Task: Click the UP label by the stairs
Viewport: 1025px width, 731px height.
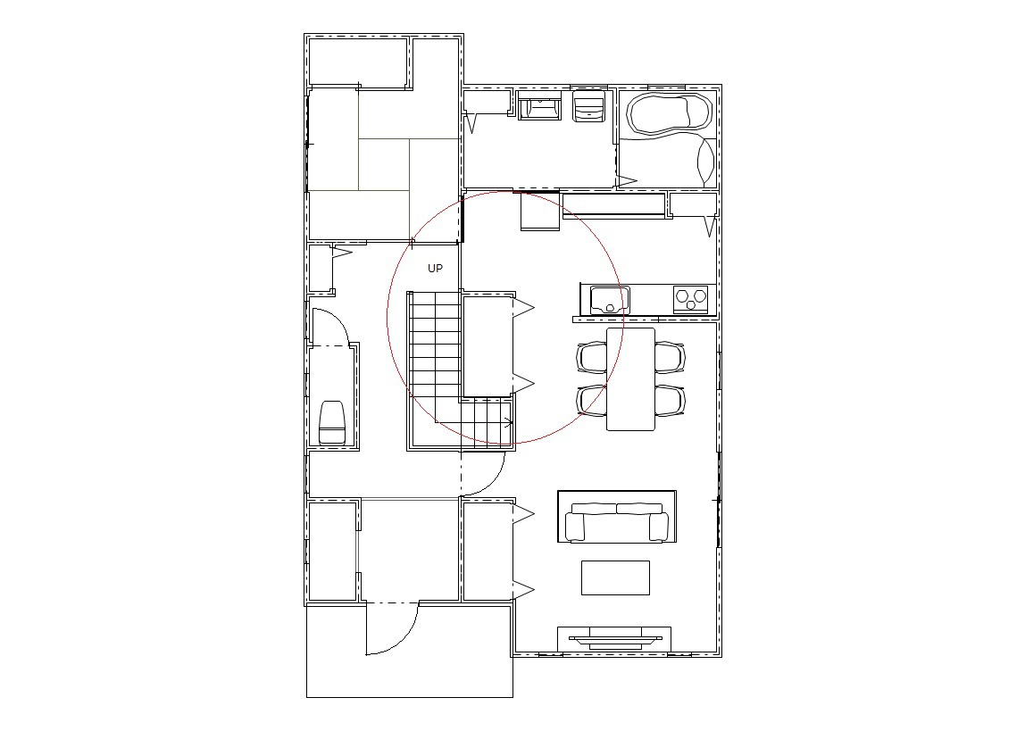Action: pyautogui.click(x=435, y=269)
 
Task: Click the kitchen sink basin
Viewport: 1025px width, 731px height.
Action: pyautogui.click(x=609, y=300)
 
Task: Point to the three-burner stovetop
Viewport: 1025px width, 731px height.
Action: pyautogui.click(x=691, y=300)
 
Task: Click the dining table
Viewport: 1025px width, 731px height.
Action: pyautogui.click(x=631, y=379)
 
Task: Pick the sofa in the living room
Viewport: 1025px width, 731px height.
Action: pyautogui.click(x=617, y=521)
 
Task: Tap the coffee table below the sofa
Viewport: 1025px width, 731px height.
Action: pyautogui.click(x=616, y=577)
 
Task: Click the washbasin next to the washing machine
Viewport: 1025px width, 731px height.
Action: pyautogui.click(x=539, y=106)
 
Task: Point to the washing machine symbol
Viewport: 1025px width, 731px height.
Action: pyautogui.click(x=588, y=106)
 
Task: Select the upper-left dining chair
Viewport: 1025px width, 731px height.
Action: pyautogui.click(x=592, y=357)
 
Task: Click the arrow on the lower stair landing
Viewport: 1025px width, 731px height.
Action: pyautogui.click(x=508, y=420)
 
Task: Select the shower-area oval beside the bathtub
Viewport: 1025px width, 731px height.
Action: pyautogui.click(x=706, y=161)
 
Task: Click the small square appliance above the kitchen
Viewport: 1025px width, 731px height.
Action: pyautogui.click(x=540, y=211)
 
